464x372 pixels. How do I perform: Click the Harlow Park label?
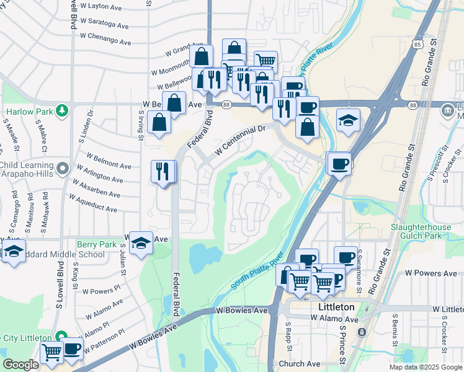point(29,112)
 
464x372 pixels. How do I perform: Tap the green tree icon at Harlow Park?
point(61,111)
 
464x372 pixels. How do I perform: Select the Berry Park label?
point(96,245)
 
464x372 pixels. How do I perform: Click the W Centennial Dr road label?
point(240,142)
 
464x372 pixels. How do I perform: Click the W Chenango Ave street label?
point(105,38)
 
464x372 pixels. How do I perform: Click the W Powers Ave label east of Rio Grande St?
point(431,273)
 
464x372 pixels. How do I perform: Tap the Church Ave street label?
point(300,364)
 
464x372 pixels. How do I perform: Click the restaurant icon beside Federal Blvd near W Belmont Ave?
point(163,172)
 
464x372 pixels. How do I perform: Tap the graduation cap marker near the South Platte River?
point(349,120)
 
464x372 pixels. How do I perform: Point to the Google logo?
point(20,364)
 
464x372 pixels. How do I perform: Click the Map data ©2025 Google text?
point(425,367)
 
